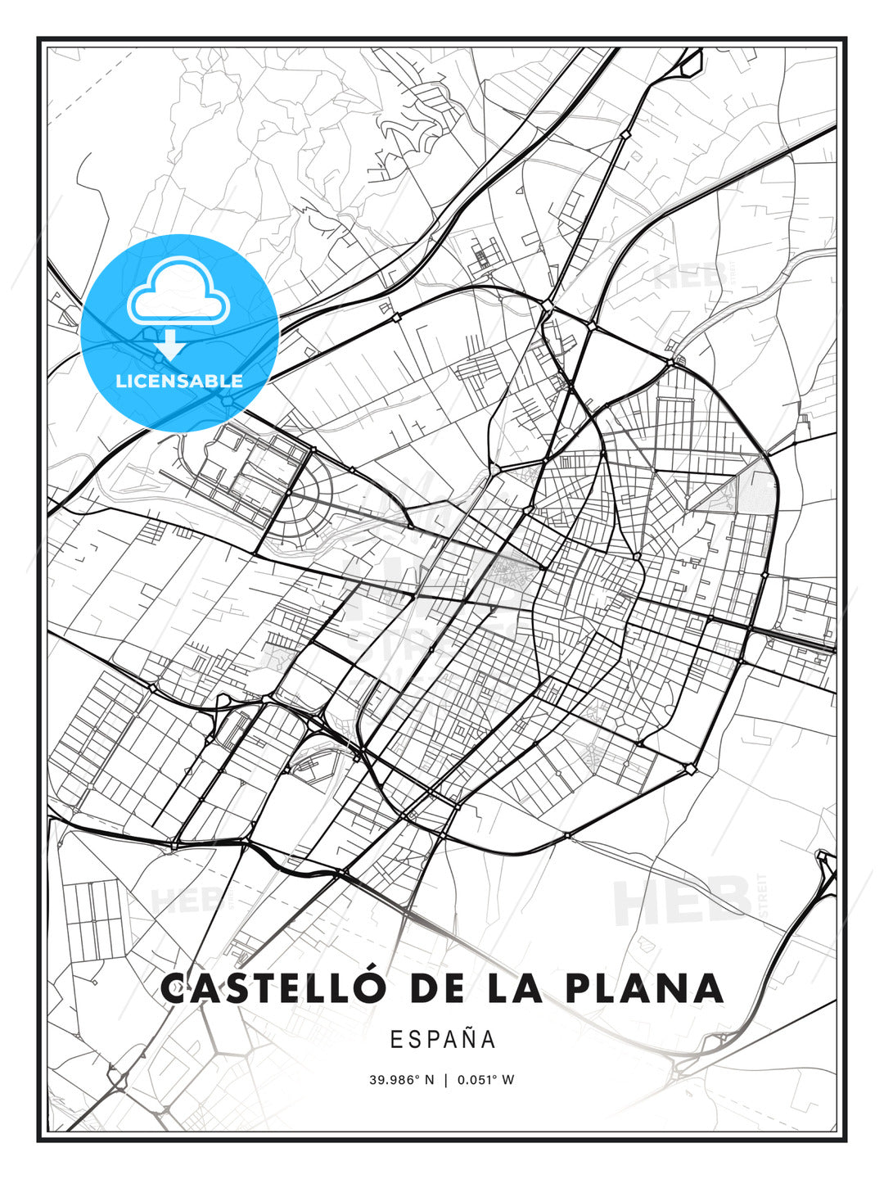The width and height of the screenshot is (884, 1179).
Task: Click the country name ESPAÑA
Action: [443, 1039]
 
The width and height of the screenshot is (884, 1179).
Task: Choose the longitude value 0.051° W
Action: [485, 1079]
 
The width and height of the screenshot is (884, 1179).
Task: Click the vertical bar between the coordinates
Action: [445, 1079]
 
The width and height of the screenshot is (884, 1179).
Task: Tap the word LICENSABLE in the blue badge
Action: [179, 381]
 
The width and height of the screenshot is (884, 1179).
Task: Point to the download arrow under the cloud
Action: [171, 345]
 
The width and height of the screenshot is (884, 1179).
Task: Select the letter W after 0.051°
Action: [508, 1079]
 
